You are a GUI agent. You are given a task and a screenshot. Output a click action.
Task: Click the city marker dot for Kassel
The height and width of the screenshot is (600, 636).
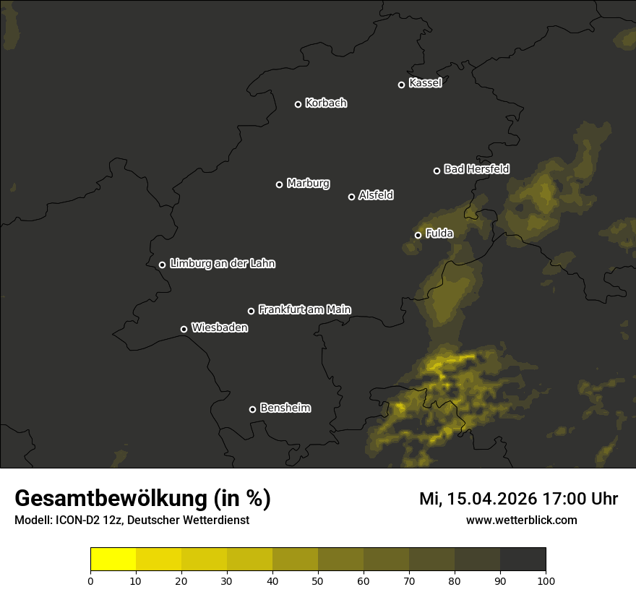coord(401,85)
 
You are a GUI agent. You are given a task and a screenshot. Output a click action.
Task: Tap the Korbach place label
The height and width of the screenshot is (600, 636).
coord(326,103)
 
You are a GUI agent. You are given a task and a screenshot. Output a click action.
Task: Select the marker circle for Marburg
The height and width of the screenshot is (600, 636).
coord(279,184)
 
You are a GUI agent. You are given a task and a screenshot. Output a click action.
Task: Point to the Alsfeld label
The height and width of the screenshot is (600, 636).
coord(376,195)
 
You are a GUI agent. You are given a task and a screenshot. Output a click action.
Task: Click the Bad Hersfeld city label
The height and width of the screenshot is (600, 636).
coord(476,169)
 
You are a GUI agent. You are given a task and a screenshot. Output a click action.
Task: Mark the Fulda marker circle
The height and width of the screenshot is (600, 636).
coord(418,235)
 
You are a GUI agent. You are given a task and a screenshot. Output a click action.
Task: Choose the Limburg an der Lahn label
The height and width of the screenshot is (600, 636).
coord(222,264)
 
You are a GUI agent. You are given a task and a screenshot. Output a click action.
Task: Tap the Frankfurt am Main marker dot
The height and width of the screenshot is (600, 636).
coord(251,311)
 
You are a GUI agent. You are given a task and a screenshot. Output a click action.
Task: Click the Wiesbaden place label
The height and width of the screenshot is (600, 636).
coord(220,328)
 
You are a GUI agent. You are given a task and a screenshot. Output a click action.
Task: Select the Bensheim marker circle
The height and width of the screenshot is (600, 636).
coord(252,409)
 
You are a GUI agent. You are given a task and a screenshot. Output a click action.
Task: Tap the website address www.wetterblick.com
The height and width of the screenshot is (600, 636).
coord(521,520)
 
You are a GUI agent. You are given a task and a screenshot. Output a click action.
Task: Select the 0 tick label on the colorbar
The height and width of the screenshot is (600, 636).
coord(90,580)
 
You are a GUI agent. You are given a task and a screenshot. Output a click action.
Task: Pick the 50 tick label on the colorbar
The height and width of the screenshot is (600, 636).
coord(318,580)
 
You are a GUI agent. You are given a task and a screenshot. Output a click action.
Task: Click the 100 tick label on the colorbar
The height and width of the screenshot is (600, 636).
coord(546,580)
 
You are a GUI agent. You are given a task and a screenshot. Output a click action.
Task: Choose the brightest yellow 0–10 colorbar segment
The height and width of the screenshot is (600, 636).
coord(113,560)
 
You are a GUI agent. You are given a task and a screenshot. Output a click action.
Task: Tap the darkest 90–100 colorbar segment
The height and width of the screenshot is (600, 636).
coord(523,560)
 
